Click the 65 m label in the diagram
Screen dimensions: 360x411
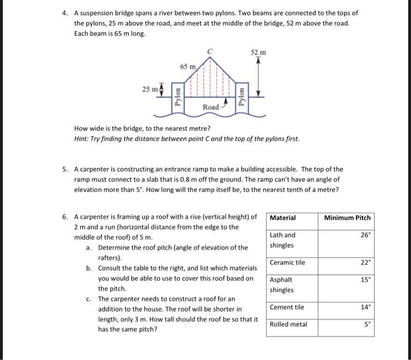click(187, 67)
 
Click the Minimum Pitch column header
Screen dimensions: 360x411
click(348, 218)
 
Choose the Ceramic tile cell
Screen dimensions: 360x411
click(287, 263)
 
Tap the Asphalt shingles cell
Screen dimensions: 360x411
click(281, 285)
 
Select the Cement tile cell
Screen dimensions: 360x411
click(287, 307)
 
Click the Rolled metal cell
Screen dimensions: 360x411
click(288, 324)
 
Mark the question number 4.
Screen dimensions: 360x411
click(65, 12)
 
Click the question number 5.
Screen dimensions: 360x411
click(65, 169)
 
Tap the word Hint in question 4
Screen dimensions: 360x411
click(82, 139)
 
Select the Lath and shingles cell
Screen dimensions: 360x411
click(282, 240)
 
